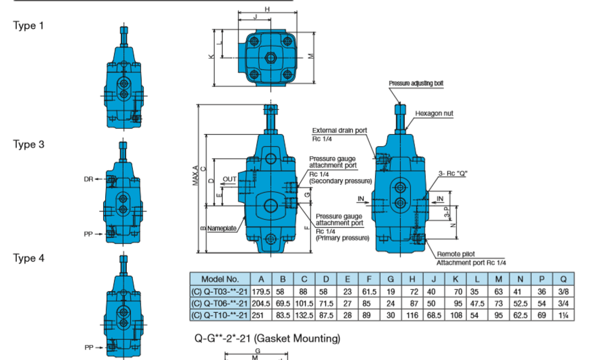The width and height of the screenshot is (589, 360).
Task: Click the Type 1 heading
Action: (28, 25)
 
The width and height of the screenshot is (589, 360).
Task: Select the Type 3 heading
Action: (28, 144)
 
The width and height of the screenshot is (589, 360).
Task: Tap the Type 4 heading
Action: (28, 258)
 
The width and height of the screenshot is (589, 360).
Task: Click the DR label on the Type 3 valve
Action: (88, 179)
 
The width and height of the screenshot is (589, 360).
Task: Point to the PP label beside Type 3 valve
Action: (88, 234)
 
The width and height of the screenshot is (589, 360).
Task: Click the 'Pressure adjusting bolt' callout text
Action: (416, 83)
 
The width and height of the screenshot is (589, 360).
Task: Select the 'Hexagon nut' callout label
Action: (434, 114)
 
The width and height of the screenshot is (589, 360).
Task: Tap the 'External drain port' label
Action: (340, 130)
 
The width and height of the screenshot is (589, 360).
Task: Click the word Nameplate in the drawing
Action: (222, 228)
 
